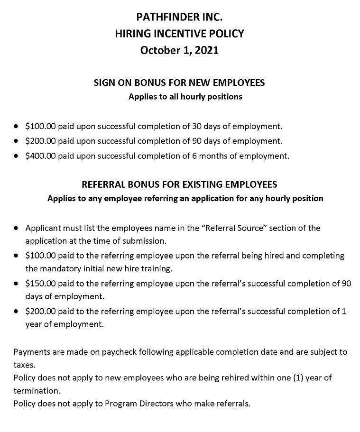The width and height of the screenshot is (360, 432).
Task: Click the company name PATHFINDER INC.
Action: coord(179,18)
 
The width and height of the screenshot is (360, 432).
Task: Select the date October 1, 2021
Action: coord(179,50)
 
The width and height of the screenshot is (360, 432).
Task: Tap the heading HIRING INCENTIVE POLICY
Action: coord(179,34)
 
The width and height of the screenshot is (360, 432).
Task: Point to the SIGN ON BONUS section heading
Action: coord(179,83)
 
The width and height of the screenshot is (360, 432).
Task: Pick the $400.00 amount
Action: coord(41,156)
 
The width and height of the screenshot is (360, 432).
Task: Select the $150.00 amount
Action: coord(41,284)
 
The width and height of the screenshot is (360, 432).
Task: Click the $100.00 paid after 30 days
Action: coord(41,126)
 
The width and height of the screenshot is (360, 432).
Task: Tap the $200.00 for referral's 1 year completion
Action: coord(41,312)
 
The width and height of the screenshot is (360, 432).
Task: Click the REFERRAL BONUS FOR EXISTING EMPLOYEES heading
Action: coord(179,184)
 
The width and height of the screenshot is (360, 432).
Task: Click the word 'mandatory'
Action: coord(58,269)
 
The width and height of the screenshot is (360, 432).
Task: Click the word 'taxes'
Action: coord(24,366)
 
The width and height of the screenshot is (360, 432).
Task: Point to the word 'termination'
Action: coord(37,392)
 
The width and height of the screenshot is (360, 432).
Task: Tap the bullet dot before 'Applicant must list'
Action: coord(16,228)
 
